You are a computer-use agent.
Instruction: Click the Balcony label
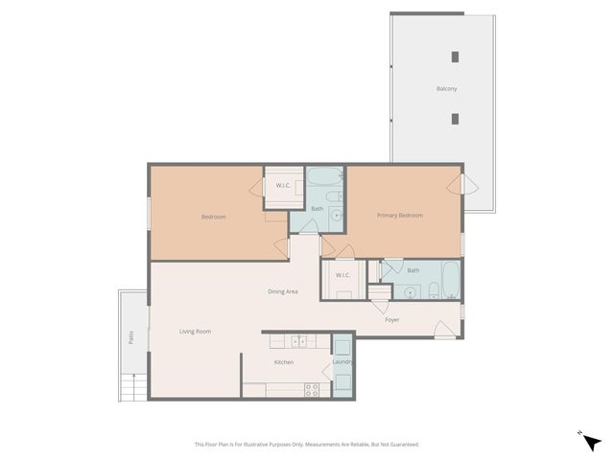coord(446,89)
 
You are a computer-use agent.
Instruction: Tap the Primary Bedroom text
coord(399,216)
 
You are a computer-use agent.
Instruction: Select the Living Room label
coord(195,332)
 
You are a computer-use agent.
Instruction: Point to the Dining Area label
coord(282,291)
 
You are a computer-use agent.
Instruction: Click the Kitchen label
coord(283,362)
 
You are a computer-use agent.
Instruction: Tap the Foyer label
coord(391,319)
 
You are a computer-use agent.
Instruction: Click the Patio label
coord(130,337)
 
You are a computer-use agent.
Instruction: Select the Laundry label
coord(342,362)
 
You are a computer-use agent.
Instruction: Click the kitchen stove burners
coord(311,389)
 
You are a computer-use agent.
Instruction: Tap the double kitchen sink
coord(298,340)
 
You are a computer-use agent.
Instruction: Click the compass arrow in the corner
coord(592,441)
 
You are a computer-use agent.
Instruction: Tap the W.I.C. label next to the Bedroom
coord(283,185)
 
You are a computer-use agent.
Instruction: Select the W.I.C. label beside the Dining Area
coord(342,276)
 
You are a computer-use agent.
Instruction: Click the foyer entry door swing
coord(444,332)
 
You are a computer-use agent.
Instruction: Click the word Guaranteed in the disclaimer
coord(404,445)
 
